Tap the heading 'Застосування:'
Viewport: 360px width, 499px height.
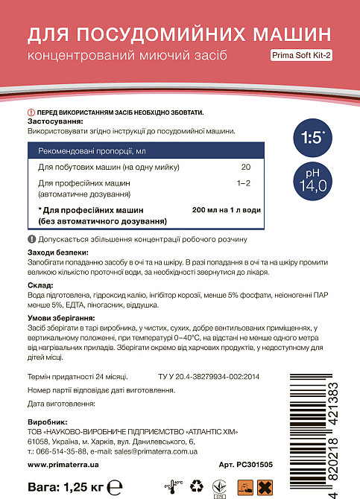click(56, 121)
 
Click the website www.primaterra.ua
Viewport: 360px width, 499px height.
click(64, 464)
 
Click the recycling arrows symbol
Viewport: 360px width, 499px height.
click(197, 486)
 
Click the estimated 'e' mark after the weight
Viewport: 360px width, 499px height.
click(113, 486)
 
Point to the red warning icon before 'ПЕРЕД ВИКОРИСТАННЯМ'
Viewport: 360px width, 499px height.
click(31, 112)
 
